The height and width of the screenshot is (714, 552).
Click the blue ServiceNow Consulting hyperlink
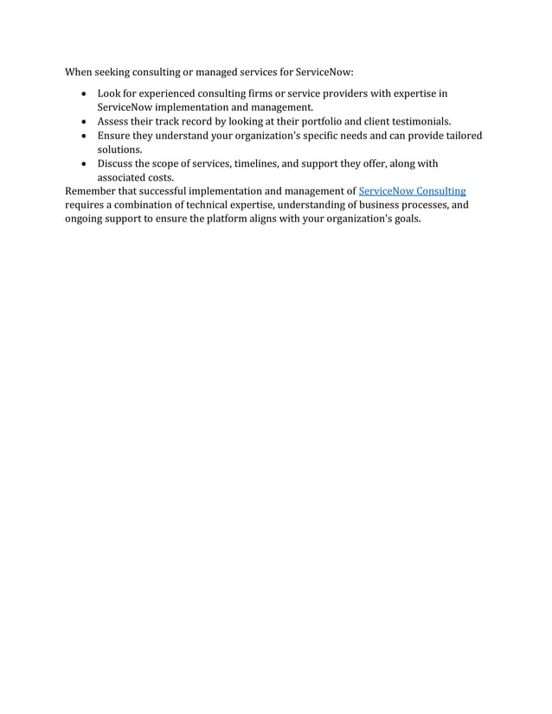(412, 190)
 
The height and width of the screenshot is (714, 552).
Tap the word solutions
(119, 150)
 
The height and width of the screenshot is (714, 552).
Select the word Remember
(90, 190)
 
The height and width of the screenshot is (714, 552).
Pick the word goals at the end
(405, 219)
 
